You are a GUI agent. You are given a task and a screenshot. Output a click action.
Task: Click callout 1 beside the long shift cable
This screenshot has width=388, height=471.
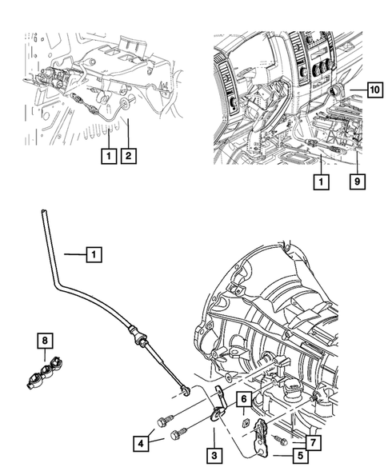94,255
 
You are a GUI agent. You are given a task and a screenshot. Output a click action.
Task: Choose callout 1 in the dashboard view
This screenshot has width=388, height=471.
321,182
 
